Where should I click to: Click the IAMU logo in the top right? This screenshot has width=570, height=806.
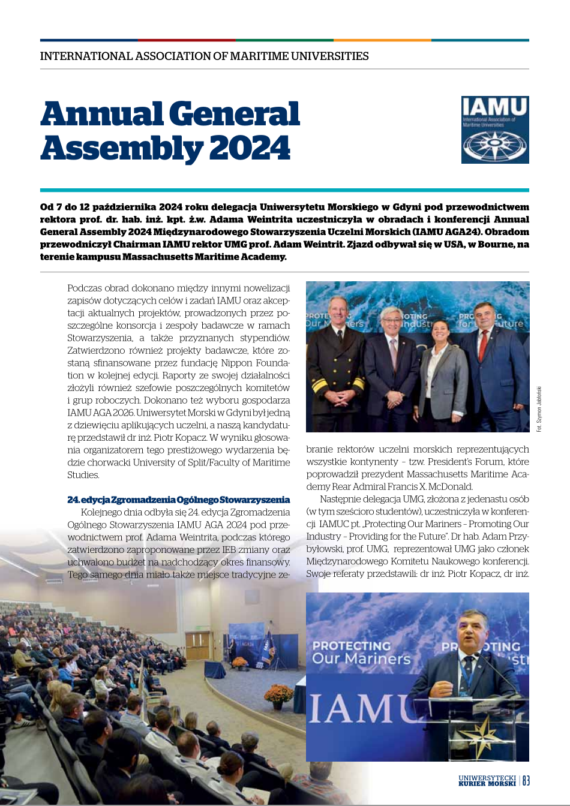click(x=495, y=130)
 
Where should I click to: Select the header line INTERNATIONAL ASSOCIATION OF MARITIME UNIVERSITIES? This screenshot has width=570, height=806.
click(x=204, y=56)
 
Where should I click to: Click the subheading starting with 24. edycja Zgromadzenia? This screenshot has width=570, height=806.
click(x=178, y=500)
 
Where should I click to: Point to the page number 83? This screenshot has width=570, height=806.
click(x=526, y=780)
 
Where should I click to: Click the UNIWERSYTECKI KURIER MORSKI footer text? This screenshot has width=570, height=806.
click(x=487, y=780)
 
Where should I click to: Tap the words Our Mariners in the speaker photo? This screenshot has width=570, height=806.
click(x=361, y=658)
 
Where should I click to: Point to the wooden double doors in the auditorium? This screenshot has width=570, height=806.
click(x=197, y=645)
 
